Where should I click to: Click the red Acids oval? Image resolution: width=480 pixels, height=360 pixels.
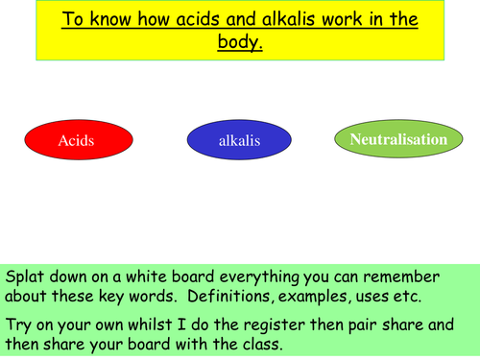click(x=76, y=141)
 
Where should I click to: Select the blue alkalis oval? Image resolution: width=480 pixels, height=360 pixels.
click(x=239, y=142)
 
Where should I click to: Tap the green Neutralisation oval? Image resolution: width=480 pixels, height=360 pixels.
click(x=398, y=140)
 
